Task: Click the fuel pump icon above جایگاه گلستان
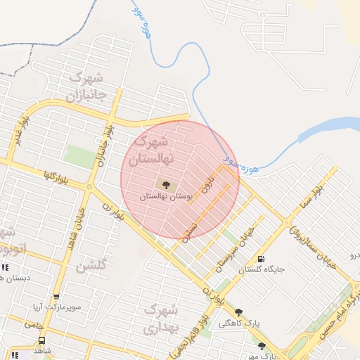(x=261, y=259)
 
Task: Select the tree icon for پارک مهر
(x=262, y=345)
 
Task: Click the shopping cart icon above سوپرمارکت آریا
(x=56, y=297)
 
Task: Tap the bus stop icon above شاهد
(x=41, y=339)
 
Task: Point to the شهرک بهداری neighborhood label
(x=162, y=318)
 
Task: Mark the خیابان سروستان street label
(x=235, y=250)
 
